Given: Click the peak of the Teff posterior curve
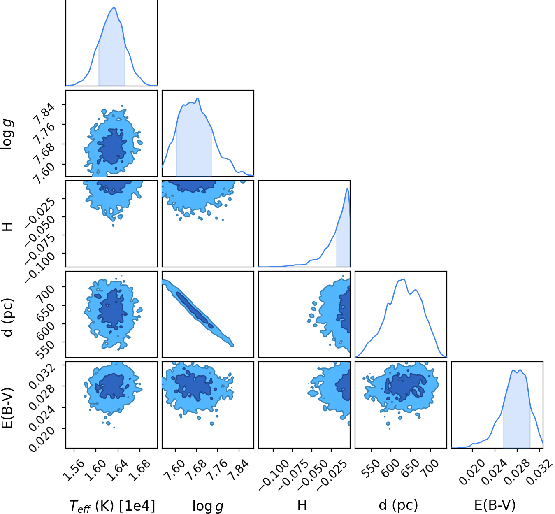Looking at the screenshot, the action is (114, 7).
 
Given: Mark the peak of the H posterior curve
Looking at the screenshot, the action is (347, 189).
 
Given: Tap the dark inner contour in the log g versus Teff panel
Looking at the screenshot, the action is (112, 146).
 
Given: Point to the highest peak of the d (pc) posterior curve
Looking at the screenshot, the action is (403, 279).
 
